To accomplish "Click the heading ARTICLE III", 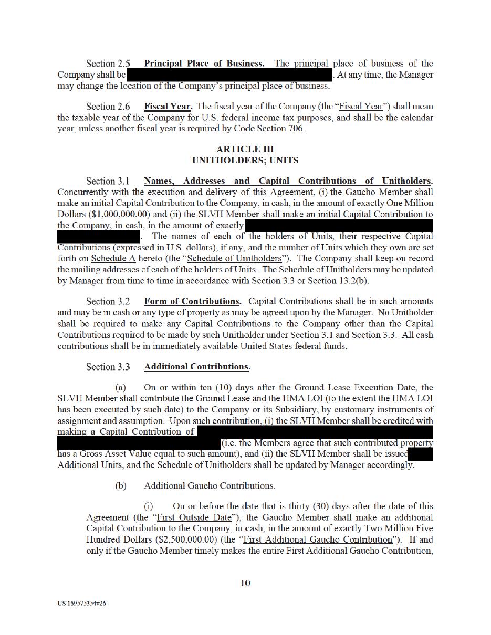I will click(x=245, y=149).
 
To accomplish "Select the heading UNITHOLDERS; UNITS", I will click(x=245, y=160).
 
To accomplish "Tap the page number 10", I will click(x=245, y=583).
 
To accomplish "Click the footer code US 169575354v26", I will click(x=82, y=604).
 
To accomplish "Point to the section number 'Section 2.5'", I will click(x=108, y=64).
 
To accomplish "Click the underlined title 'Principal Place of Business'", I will click(x=204, y=63).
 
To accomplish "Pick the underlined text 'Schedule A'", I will click(x=111, y=258).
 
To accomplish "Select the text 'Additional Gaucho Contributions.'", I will click(x=210, y=486).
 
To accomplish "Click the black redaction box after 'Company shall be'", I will click(x=229, y=76).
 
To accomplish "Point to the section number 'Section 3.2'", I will click(x=108, y=302).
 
